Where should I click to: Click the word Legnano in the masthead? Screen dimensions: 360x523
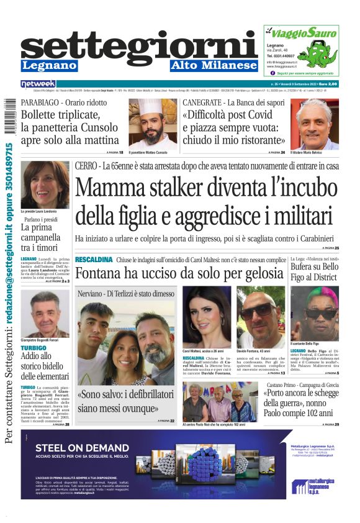point(49,65)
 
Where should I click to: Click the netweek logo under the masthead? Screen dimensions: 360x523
point(38,83)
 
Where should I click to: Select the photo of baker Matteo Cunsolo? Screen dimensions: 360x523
point(153,123)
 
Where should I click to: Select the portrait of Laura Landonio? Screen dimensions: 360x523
point(45,184)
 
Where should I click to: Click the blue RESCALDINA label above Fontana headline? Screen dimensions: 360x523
point(94,259)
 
